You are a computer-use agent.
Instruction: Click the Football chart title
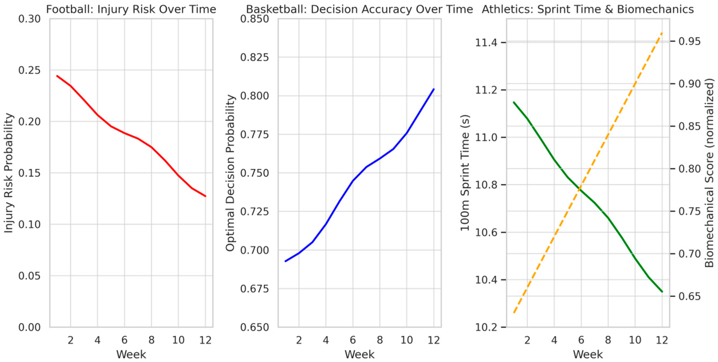[131, 9]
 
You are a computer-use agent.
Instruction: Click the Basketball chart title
[360, 9]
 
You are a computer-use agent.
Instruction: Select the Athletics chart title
[588, 9]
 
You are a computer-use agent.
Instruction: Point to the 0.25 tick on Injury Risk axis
[29, 70]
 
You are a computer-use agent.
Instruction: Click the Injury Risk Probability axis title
[9, 173]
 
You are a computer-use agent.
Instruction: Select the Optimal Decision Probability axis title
[230, 173]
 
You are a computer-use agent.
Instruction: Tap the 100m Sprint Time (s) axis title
[465, 173]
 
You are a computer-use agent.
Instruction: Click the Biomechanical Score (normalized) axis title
[709, 173]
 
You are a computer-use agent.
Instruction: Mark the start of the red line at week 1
[57, 76]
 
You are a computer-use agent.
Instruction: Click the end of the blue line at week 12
[434, 89]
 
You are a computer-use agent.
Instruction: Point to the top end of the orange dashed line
[662, 33]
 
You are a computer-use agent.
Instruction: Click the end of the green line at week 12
[662, 291]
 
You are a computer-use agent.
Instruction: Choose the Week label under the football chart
[131, 354]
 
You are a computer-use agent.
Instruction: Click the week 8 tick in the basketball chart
[380, 340]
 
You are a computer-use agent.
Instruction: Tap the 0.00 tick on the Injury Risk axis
[29, 327]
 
